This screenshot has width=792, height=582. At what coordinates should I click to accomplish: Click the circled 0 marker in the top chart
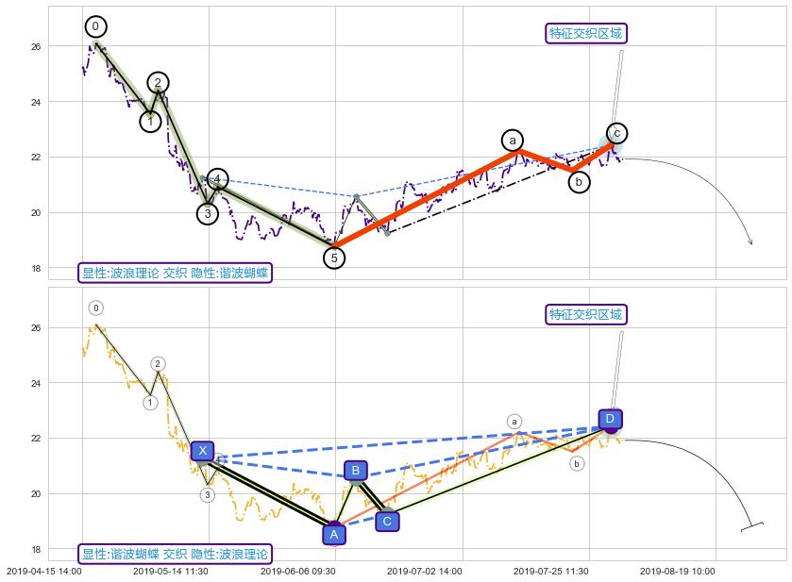click(95, 26)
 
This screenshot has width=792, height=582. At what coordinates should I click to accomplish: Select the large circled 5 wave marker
click(334, 257)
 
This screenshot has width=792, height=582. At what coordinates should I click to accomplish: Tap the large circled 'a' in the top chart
click(513, 141)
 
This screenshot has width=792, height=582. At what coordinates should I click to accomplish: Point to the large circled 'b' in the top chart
click(579, 182)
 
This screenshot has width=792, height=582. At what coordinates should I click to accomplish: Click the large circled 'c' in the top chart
click(617, 133)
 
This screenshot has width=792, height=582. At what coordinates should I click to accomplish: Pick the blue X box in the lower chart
click(202, 451)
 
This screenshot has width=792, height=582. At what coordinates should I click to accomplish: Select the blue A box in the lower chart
click(333, 535)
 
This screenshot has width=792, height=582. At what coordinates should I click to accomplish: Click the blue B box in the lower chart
click(355, 471)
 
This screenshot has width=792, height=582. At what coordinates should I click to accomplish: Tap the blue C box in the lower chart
click(387, 521)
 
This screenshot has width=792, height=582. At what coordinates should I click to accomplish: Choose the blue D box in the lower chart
click(610, 419)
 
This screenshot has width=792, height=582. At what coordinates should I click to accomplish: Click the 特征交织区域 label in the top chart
click(586, 34)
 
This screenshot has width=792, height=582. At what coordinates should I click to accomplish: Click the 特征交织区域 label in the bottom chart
click(586, 315)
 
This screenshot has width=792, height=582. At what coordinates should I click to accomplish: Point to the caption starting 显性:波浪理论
click(176, 274)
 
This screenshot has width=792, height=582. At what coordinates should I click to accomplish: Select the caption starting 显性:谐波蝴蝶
click(176, 555)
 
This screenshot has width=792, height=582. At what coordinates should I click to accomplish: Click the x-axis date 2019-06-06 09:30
click(297, 571)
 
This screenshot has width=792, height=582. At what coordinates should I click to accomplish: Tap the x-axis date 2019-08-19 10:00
click(678, 571)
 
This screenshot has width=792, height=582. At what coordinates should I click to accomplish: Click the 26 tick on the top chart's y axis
click(36, 46)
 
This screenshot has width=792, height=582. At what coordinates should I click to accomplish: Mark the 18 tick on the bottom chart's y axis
click(36, 550)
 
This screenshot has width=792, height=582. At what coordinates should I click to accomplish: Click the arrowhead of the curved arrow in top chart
click(751, 243)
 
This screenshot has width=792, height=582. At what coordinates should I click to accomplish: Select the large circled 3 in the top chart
click(208, 214)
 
